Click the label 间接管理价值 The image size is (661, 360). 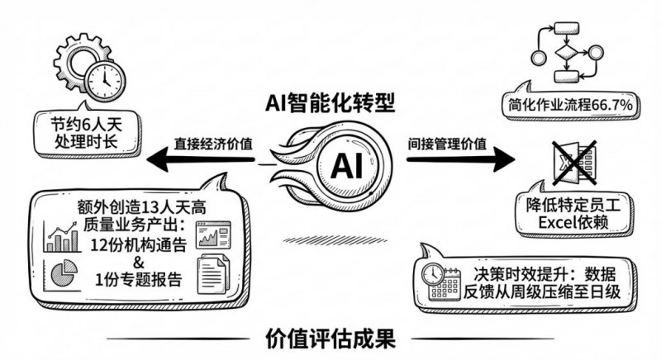click(x=446, y=141)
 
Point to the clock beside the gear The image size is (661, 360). click(x=105, y=80)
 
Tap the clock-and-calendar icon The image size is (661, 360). click(x=441, y=283)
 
